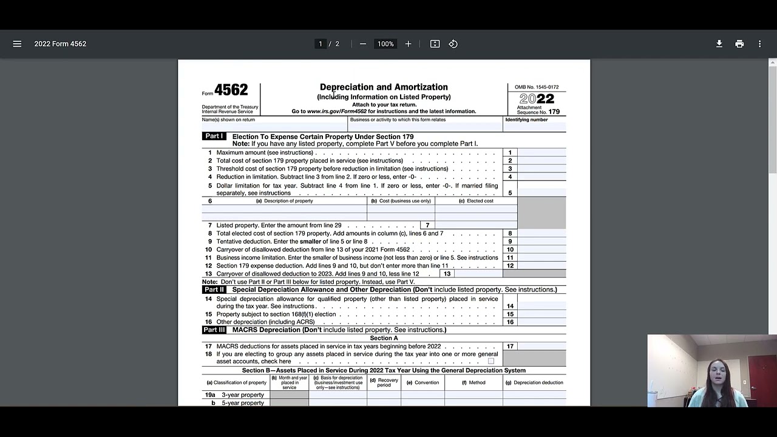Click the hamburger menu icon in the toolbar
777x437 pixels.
[17, 44]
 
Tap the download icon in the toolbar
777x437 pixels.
[719, 44]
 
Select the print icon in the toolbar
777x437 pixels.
[739, 44]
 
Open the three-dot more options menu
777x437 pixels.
[759, 44]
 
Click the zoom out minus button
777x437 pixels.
[363, 44]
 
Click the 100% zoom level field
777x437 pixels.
[385, 44]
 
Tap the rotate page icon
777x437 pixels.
[453, 44]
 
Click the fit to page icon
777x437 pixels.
[435, 44]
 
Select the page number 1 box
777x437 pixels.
[321, 44]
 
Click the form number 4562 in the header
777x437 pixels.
[231, 90]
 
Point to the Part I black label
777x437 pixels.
[214, 137]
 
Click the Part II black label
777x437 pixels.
[214, 290]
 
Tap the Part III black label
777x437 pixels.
[214, 330]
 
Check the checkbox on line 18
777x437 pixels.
[491, 361]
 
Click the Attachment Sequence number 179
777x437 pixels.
[554, 112]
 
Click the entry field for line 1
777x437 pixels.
[541, 153]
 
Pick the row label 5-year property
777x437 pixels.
[242, 403]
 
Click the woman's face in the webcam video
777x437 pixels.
[722, 370]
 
